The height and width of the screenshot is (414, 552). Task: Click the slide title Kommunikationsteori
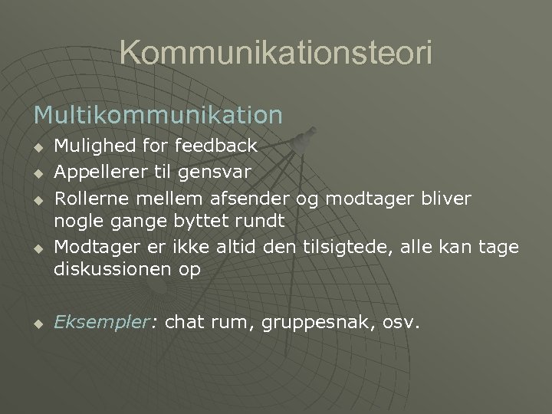click(x=276, y=52)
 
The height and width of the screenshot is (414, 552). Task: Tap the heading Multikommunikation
click(x=158, y=115)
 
